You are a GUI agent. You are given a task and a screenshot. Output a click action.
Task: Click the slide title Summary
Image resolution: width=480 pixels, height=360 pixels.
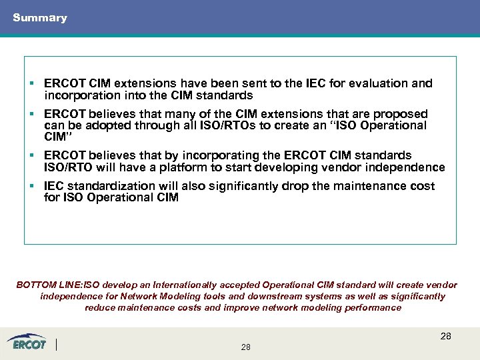tap(40, 18)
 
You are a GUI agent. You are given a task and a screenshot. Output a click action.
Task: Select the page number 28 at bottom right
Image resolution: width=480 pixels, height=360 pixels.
tap(445, 336)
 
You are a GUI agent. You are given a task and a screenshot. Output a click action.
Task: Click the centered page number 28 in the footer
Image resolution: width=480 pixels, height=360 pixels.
tap(245, 347)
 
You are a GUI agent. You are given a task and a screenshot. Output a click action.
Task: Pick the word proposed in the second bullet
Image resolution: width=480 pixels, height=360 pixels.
tap(403, 114)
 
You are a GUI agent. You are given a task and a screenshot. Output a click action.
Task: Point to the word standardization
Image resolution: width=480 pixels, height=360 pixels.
tap(111, 186)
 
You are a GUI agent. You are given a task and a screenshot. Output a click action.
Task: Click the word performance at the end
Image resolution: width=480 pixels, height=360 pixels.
tap(374, 307)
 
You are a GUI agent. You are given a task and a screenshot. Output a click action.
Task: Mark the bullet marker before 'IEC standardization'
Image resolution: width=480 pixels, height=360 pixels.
tap(32, 186)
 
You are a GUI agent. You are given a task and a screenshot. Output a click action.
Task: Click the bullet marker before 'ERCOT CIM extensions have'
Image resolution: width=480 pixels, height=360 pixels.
tap(32, 83)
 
